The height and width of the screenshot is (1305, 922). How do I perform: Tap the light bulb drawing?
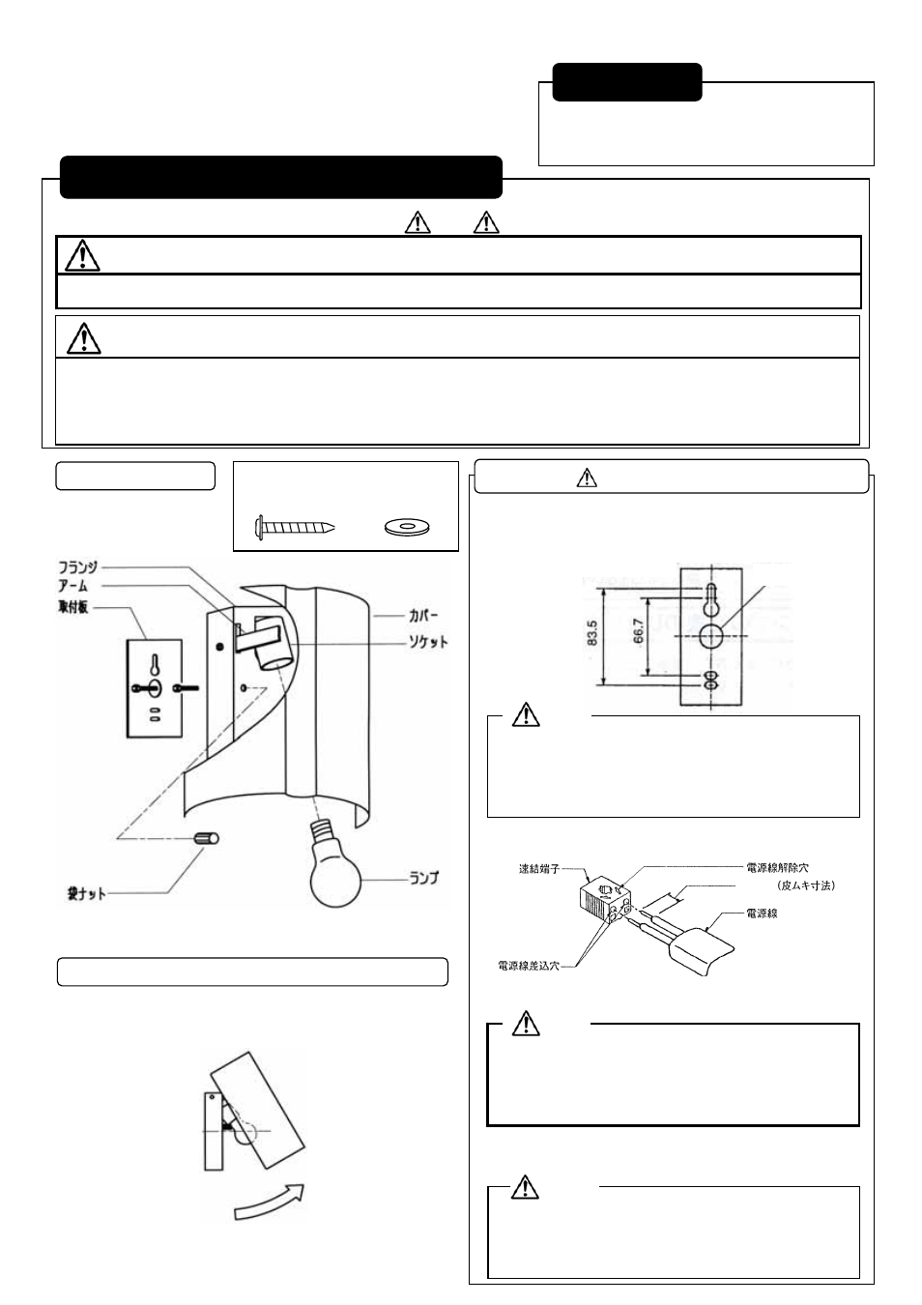pos(335,865)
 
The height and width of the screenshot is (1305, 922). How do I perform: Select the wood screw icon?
pos(294,528)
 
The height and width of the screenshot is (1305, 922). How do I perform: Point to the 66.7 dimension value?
pos(639,633)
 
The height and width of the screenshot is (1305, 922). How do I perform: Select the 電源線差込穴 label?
pos(528,965)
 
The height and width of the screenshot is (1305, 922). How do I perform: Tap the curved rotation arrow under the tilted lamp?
pos(270,1201)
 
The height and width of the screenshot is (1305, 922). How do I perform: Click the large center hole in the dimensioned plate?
pos(710,636)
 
